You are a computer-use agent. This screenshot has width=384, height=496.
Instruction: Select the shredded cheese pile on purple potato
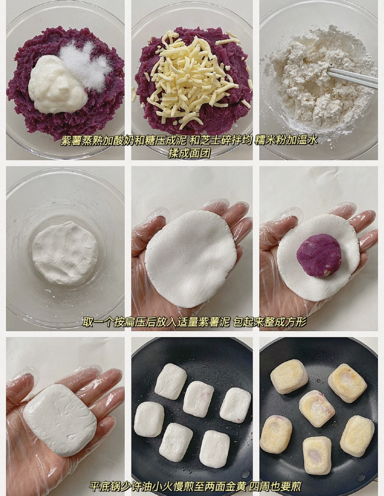(192, 74)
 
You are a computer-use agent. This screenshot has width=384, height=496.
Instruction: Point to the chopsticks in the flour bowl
(353, 77)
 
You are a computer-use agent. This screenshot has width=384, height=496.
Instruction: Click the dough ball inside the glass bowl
(65, 253)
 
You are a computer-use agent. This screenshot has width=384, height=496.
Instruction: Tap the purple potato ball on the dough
(319, 255)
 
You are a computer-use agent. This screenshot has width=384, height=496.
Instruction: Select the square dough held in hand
(60, 419)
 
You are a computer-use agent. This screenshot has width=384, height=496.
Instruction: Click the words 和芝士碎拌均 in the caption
(222, 140)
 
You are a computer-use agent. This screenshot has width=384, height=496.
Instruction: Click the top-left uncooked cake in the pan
(171, 381)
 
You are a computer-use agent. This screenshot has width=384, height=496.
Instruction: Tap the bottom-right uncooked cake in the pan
(214, 449)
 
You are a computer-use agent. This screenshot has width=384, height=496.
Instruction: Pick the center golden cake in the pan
(317, 408)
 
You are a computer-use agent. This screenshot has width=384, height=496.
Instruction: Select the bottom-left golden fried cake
(276, 434)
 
